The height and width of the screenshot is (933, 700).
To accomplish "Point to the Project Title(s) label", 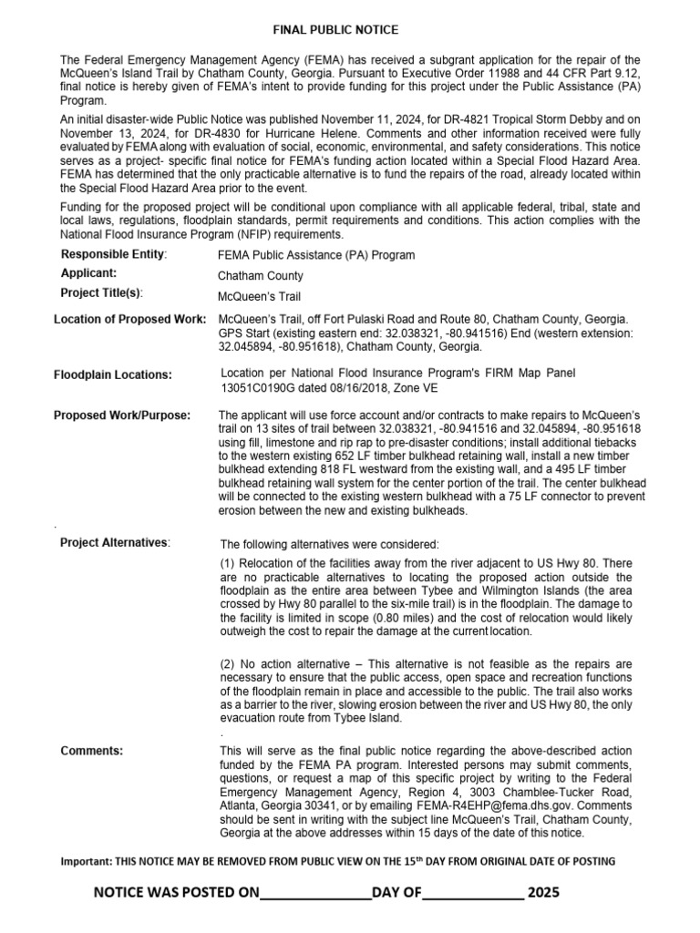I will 102,292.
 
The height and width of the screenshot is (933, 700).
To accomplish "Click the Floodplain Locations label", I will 112,374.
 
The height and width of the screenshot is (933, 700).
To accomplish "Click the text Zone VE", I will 417,387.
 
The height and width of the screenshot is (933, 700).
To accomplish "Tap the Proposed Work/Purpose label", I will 122,415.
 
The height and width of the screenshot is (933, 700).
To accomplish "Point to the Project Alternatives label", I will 114,543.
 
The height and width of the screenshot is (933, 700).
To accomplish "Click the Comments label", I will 91,751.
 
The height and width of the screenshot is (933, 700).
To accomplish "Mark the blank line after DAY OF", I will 472,893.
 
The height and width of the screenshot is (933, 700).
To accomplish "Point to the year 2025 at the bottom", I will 544,892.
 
